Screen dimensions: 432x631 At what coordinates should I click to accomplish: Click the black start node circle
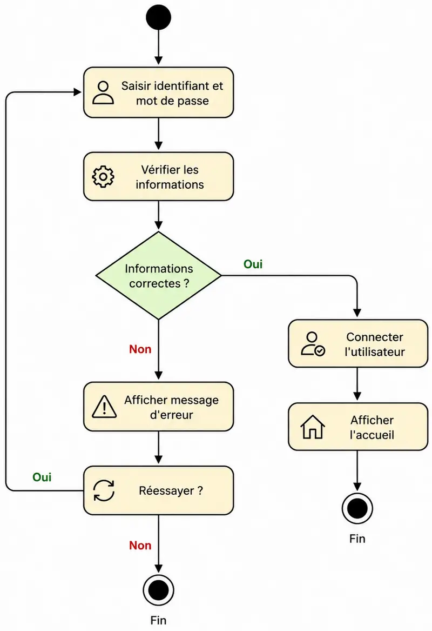[159, 17]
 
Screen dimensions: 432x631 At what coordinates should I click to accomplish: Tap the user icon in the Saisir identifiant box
[103, 93]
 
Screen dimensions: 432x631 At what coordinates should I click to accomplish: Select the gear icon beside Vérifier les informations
[103, 177]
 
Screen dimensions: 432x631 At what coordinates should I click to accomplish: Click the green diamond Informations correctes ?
[159, 276]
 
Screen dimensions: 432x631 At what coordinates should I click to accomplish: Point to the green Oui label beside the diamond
[253, 264]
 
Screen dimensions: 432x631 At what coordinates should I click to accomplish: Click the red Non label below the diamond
[140, 349]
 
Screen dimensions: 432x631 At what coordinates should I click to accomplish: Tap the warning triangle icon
[104, 407]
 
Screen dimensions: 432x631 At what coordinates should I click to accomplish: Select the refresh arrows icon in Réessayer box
[104, 490]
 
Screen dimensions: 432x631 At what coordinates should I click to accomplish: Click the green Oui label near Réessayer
[42, 477]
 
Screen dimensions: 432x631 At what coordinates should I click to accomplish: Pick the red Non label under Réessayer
[140, 545]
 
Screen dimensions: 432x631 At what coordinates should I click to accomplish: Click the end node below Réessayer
[159, 590]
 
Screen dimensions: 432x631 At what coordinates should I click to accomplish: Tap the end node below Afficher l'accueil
[357, 508]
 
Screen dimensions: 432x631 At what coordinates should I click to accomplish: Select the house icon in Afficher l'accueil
[313, 427]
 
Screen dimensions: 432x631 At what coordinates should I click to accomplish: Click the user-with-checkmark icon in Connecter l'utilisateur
[313, 344]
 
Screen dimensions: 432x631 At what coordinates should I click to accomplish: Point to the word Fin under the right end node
[357, 539]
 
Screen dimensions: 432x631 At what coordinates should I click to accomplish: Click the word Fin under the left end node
[159, 620]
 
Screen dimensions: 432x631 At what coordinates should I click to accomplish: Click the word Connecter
[375, 337]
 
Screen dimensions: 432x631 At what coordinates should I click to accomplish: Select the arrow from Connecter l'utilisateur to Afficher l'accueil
[357, 384]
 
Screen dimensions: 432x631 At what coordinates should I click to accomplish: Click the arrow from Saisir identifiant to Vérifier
[159, 134]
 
